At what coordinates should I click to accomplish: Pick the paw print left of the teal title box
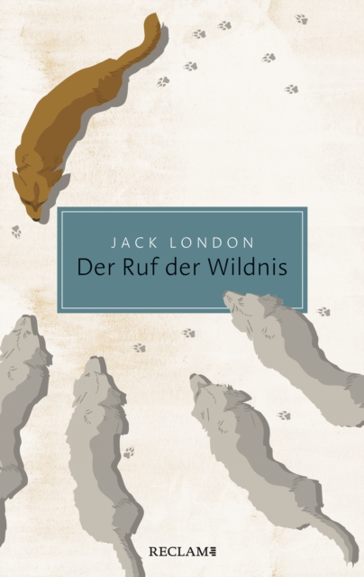[16, 231]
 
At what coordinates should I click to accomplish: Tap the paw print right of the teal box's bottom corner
[323, 311]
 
